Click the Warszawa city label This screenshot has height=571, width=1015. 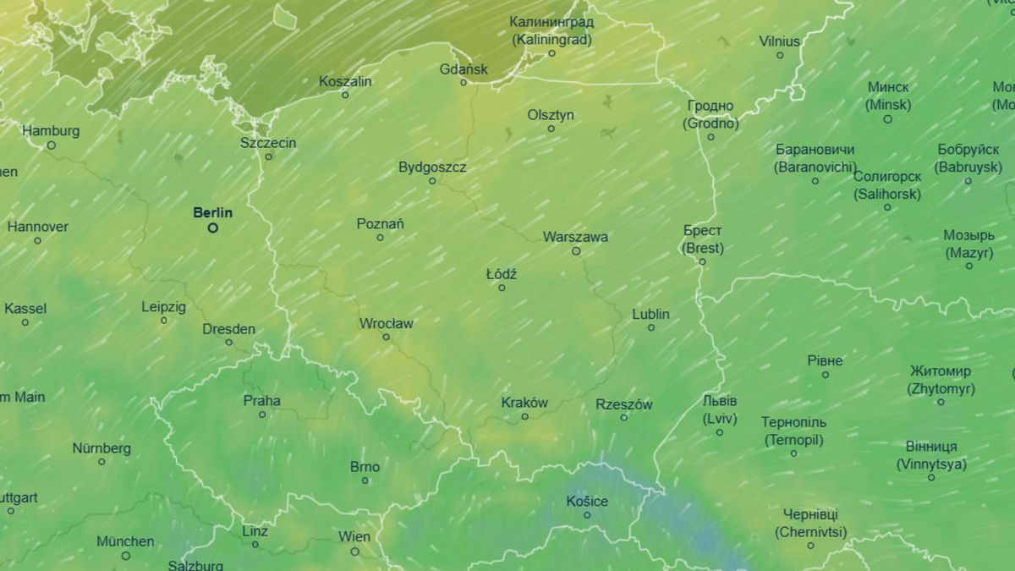coord(575,237)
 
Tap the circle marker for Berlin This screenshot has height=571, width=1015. coord(213,228)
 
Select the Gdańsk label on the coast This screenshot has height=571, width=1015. coord(464,69)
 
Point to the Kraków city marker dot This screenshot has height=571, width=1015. coord(524,416)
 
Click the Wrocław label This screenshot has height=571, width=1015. coord(387,323)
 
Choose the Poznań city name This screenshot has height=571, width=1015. coord(380,223)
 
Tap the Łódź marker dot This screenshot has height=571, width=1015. coord(502,288)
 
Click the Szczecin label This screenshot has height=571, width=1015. coord(268,142)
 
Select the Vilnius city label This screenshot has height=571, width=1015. coord(779,41)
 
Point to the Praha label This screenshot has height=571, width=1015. coord(262,400)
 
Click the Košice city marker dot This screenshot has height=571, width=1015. coord(587,515)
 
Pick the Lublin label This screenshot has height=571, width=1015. coord(650,314)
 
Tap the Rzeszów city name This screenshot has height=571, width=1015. coord(623,404)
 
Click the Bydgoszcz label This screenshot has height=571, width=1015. coord(432,167)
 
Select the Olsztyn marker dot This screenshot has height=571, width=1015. coord(551,129)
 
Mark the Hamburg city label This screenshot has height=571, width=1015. coord(51,130)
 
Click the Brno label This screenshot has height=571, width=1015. coord(365,466)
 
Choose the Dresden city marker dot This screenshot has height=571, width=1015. coord(228,343)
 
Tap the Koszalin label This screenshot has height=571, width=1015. coord(345,81)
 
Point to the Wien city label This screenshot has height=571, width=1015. coord(354,536)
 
